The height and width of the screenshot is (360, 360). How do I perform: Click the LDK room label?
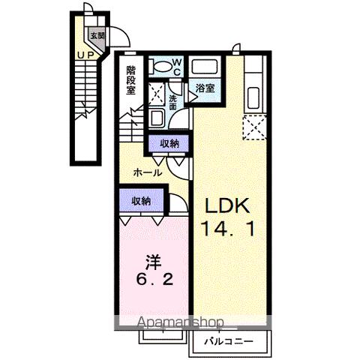pyautogui.click(x=224, y=206)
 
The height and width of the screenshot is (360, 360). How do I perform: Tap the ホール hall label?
pyautogui.click(x=147, y=172)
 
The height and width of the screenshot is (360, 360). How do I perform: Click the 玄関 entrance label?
pyautogui.click(x=97, y=36)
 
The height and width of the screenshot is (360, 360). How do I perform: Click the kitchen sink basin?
pyautogui.click(x=253, y=97)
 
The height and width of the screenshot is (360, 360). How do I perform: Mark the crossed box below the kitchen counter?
pyautogui.click(x=253, y=127)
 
